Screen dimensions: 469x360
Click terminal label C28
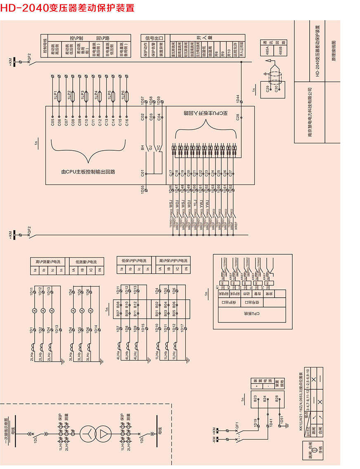point(238,117)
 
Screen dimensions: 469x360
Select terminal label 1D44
point(238,99)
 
